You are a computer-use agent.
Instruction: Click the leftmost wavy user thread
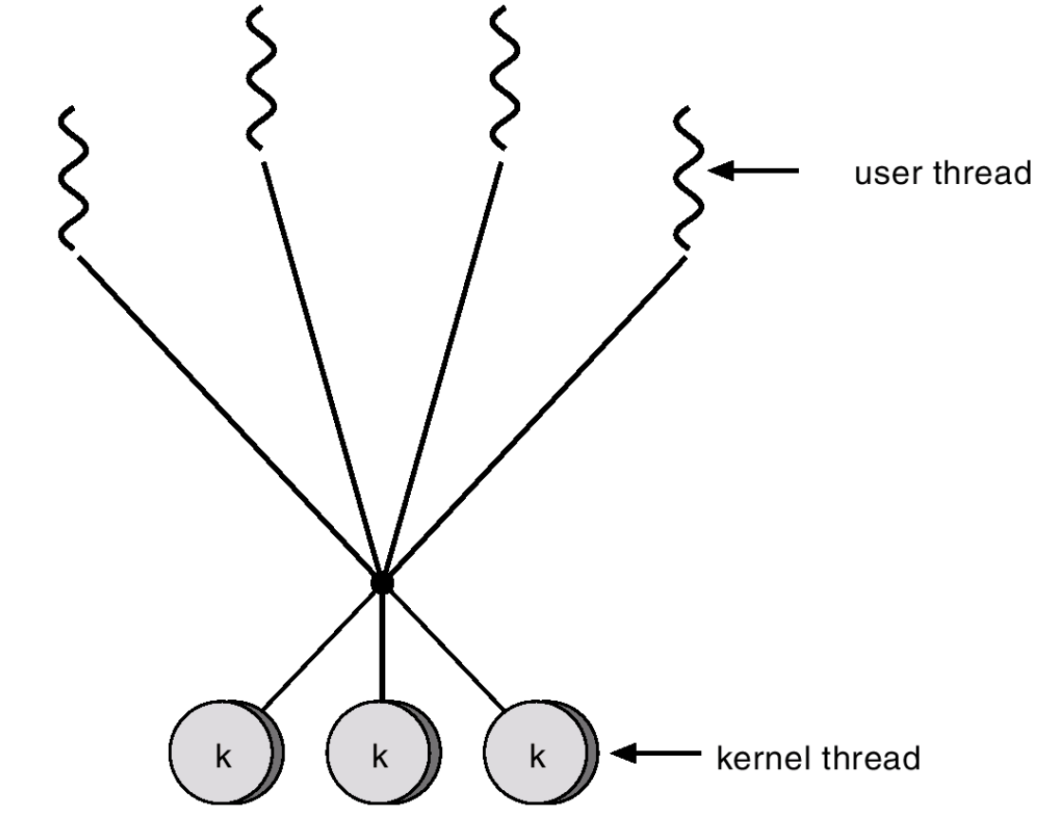pos(73,177)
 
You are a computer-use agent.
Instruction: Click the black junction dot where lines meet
pos(381,581)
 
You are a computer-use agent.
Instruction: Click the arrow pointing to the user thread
pos(754,172)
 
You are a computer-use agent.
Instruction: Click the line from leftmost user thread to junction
pos(228,417)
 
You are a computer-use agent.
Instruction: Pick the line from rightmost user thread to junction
pos(531,417)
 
